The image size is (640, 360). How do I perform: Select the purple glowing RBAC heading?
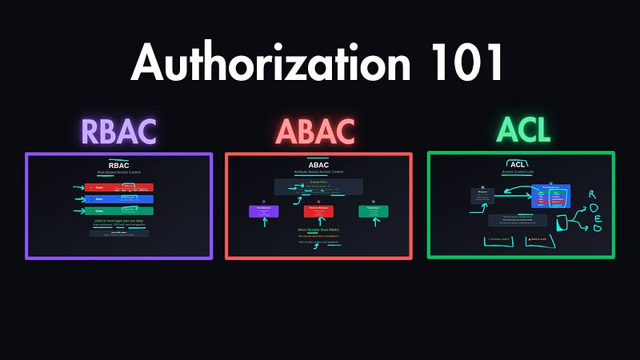(118, 131)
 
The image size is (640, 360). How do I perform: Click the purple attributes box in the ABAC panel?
(263, 210)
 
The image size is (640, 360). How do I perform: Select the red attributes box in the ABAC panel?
(318, 210)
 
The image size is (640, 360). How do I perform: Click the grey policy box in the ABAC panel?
(318, 186)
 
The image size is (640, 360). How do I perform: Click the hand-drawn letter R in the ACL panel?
(593, 194)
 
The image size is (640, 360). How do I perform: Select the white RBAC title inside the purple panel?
(118, 166)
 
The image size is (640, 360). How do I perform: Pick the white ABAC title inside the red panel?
(318, 166)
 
